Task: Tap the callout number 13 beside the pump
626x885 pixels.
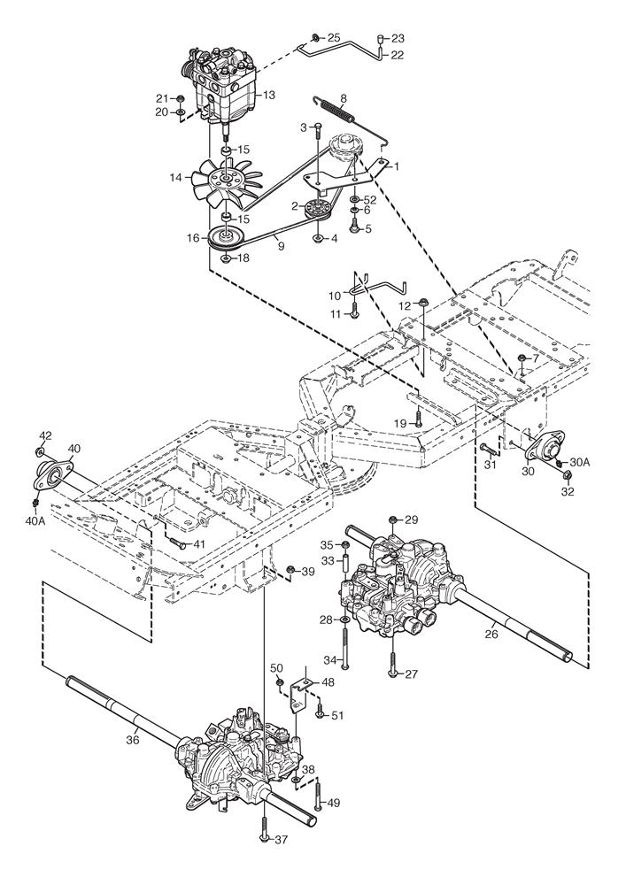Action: [x=269, y=95]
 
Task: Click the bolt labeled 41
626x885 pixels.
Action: [x=176, y=545]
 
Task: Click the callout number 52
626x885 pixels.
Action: [x=370, y=200]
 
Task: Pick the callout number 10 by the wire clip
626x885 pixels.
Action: [x=335, y=294]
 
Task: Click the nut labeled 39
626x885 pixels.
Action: [x=291, y=569]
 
